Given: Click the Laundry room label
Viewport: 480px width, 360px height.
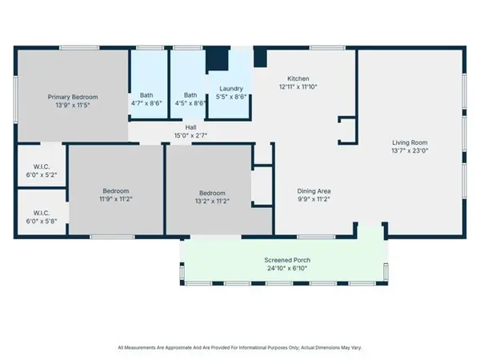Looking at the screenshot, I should (230, 89).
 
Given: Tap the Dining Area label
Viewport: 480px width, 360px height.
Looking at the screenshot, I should (314, 190).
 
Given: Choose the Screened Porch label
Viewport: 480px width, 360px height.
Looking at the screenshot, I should (287, 261).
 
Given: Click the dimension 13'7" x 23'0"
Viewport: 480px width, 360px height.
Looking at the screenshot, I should (410, 150).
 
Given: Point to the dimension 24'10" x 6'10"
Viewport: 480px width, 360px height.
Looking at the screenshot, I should (287, 269).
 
